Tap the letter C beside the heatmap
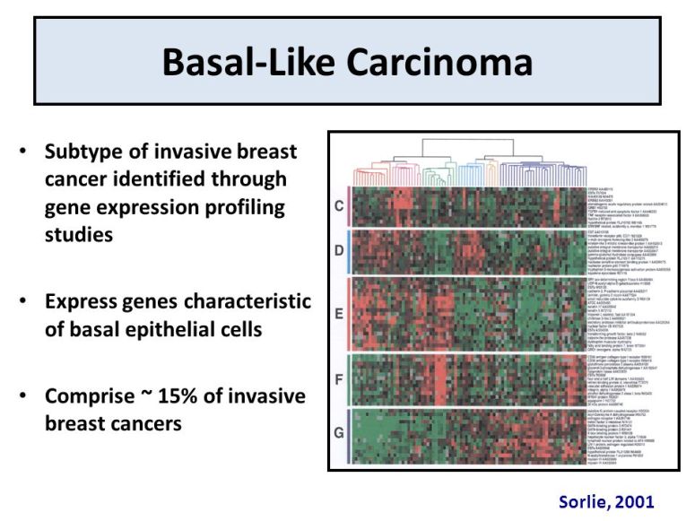338,206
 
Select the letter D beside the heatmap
338,250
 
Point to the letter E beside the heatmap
338,314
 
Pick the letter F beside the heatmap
338,378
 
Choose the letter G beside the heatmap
338,433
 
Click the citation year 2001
633,501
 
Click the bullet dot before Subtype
24,152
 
